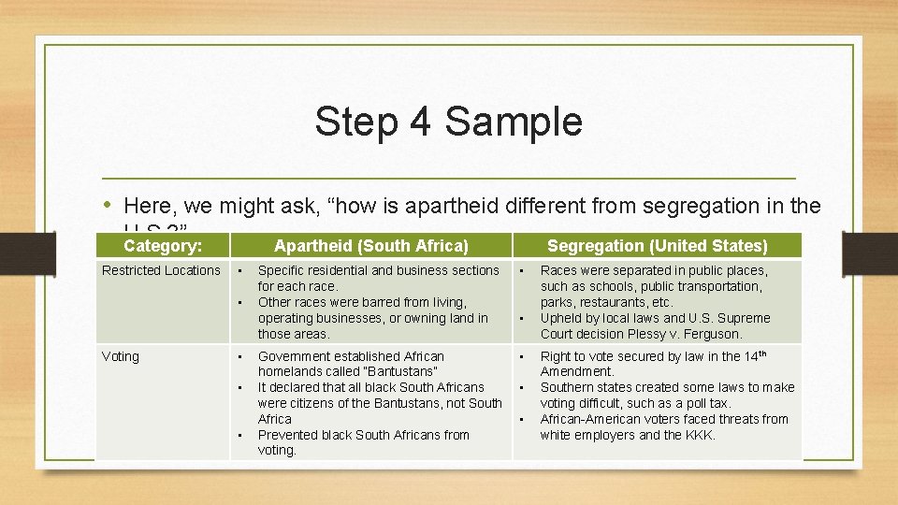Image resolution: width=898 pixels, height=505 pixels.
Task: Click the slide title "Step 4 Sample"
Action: tap(448, 122)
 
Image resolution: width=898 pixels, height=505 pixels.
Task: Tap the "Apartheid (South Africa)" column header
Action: tap(370, 245)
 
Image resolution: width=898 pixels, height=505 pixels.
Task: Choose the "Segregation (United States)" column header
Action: tap(657, 245)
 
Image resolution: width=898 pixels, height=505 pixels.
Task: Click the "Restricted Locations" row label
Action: tap(161, 270)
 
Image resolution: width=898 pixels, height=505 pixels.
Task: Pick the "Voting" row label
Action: tap(121, 356)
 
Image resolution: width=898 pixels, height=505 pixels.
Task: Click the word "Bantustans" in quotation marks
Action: tap(397, 371)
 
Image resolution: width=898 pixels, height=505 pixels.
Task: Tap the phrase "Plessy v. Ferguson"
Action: tap(688, 334)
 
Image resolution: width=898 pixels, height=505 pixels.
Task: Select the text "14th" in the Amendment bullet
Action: tap(754, 355)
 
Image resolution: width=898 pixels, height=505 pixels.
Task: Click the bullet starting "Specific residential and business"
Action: tap(378, 278)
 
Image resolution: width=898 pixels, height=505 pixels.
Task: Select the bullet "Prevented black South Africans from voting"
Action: tap(363, 442)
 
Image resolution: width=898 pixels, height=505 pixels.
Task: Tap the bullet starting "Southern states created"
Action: tap(666, 395)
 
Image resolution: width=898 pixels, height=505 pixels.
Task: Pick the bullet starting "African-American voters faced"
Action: tap(664, 426)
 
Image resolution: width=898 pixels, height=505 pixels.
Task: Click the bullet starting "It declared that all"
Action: tap(379, 403)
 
